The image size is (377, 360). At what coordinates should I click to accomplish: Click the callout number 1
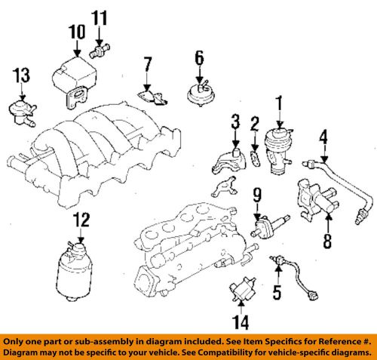pyautogui.click(x=278, y=101)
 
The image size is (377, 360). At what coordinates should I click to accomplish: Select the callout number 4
pyautogui.click(x=323, y=137)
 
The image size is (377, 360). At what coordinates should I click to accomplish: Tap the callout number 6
pyautogui.click(x=200, y=57)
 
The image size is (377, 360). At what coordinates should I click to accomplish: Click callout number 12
pyautogui.click(x=81, y=220)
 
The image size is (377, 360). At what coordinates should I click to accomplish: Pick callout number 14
pyautogui.click(x=240, y=322)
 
